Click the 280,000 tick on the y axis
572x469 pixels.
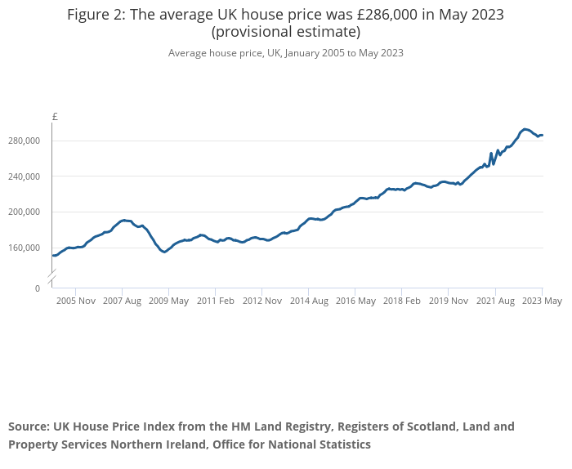(x=25, y=141)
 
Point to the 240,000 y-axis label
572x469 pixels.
(x=25, y=176)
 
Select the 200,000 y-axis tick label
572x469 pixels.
(x=25, y=212)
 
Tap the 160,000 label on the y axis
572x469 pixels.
(x=25, y=248)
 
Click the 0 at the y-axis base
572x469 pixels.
(x=37, y=288)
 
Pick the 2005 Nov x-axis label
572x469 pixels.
(x=76, y=301)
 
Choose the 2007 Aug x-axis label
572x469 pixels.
(x=122, y=301)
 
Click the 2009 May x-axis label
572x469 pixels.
(x=168, y=301)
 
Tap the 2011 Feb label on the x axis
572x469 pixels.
(x=216, y=301)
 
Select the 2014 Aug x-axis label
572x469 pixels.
(x=309, y=301)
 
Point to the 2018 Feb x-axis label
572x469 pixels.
(x=402, y=301)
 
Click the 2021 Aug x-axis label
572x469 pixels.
(x=495, y=301)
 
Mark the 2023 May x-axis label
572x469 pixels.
(x=543, y=301)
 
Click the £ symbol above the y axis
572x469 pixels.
(x=55, y=117)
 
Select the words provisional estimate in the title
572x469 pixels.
(x=286, y=33)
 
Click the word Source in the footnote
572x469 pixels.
(x=29, y=427)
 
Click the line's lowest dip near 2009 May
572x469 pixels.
(x=164, y=252)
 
